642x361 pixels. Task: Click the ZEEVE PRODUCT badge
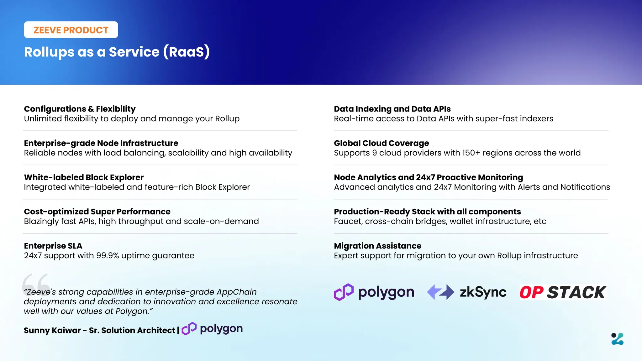(x=71, y=30)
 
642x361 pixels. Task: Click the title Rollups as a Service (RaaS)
(x=117, y=52)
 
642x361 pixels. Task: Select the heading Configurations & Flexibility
(x=80, y=109)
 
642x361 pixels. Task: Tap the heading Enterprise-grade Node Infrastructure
(x=101, y=143)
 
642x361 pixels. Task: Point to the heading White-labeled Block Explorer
(x=84, y=177)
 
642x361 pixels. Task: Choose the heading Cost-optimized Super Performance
(x=97, y=212)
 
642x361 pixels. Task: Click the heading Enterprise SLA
(x=53, y=246)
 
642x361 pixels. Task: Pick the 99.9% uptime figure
(x=107, y=256)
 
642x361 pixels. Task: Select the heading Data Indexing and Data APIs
(x=392, y=109)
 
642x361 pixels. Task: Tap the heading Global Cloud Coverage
(x=381, y=143)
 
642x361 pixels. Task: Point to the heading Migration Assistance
(x=377, y=246)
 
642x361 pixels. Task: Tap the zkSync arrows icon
(x=440, y=292)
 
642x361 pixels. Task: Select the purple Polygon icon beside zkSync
(x=344, y=292)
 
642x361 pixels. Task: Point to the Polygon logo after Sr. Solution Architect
(x=212, y=329)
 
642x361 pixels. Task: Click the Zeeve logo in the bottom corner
(x=617, y=339)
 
